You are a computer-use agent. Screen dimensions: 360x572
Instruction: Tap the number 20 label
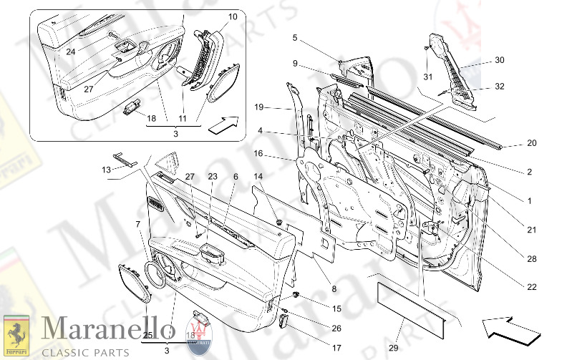(x=531, y=143)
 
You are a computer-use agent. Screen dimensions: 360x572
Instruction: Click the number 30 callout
(x=499, y=60)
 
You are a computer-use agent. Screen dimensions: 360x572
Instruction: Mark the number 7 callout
(x=138, y=225)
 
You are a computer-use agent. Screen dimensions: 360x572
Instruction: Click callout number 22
(x=531, y=287)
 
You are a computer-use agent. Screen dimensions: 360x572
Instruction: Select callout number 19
(x=259, y=107)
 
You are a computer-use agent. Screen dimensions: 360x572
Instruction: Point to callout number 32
(x=499, y=87)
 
